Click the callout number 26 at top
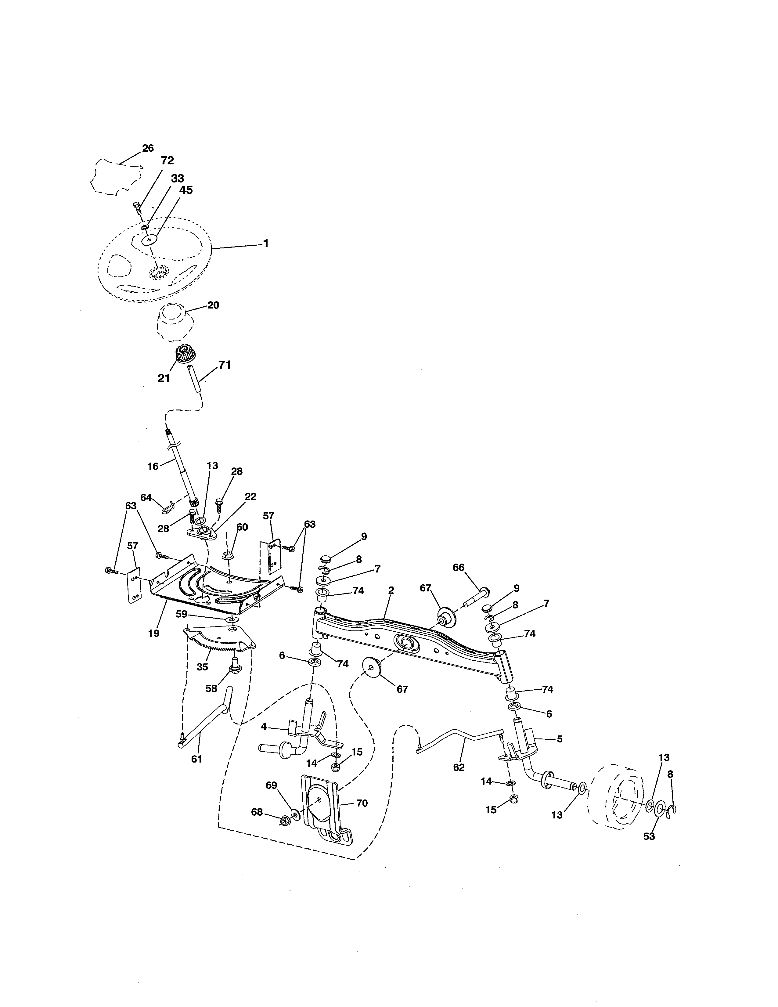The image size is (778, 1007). pyautogui.click(x=147, y=148)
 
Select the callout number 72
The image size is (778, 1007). pyautogui.click(x=167, y=161)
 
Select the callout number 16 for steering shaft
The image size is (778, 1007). pyautogui.click(x=153, y=466)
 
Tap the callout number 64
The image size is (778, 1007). pyautogui.click(x=146, y=497)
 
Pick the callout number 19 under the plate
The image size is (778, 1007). pyautogui.click(x=153, y=633)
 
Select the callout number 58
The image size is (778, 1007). pyautogui.click(x=211, y=688)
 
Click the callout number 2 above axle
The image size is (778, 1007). pyautogui.click(x=391, y=590)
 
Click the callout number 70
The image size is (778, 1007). pyautogui.click(x=362, y=803)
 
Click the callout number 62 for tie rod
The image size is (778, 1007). pyautogui.click(x=459, y=767)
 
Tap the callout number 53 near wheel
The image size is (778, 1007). pyautogui.click(x=649, y=836)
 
